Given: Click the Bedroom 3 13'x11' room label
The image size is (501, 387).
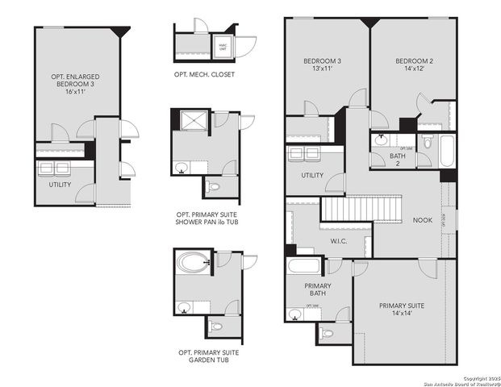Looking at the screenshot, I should (322, 65).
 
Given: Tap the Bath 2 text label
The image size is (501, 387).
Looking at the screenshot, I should (397, 160).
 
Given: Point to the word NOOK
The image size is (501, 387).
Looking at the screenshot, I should (423, 220).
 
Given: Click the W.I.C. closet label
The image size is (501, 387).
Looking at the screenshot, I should (340, 241).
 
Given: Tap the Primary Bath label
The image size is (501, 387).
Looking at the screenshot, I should (318, 290).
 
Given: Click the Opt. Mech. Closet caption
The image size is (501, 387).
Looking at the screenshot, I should (204, 74).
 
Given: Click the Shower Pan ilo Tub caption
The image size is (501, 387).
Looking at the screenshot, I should (207, 218).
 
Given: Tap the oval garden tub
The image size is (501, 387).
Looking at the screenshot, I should (190, 264).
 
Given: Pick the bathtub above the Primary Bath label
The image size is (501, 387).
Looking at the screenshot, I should (304, 268).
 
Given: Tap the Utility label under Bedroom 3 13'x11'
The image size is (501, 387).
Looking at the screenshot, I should (312, 176).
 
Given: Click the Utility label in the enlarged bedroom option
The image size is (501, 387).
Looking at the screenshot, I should (60, 185).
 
